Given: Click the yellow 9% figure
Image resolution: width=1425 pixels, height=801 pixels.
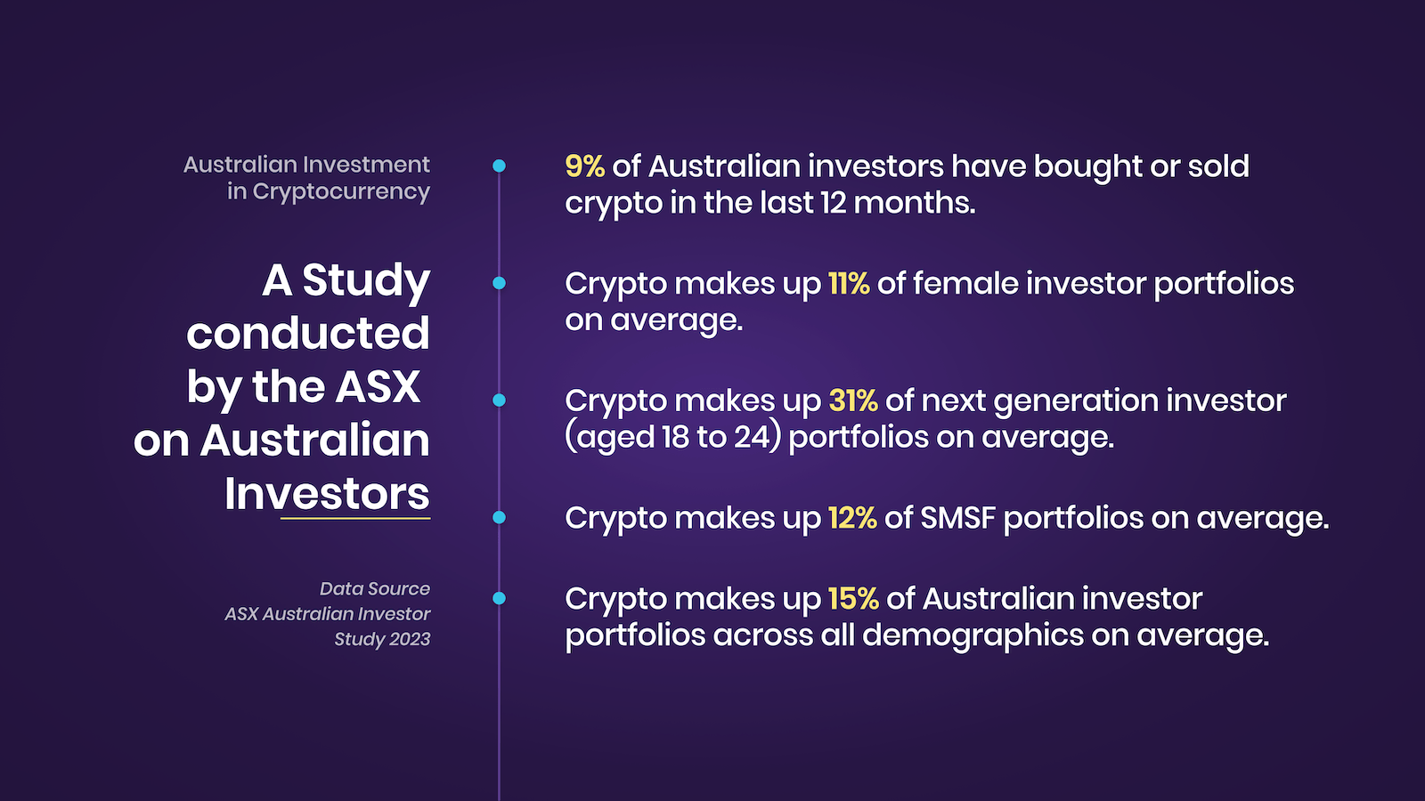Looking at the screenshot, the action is point(584,166).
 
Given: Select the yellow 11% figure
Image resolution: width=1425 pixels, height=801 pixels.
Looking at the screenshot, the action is point(849,284).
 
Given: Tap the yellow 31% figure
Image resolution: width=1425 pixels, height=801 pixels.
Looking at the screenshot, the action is point(853,400).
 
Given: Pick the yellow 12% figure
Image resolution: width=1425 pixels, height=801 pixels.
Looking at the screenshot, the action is point(852,518).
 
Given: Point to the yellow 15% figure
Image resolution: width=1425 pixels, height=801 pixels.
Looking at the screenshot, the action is point(853,599).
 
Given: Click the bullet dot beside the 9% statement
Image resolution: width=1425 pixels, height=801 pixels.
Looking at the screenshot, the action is point(500,166).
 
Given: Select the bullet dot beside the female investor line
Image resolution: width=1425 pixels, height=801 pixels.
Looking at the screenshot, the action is point(500,284).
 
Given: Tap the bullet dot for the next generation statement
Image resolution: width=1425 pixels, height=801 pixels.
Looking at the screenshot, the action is point(500,400).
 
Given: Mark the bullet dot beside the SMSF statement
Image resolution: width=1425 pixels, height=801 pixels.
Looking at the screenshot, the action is point(500,517).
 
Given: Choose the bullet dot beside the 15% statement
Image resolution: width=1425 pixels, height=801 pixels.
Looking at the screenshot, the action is point(500,598).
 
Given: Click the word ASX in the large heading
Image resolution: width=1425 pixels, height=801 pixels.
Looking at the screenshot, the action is point(378,386).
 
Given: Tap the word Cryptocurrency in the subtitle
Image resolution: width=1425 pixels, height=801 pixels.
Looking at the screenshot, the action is point(341,192).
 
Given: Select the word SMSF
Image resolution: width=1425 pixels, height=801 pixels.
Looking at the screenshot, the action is point(957,518).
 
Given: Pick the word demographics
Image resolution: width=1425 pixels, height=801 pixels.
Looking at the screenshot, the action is point(973,635).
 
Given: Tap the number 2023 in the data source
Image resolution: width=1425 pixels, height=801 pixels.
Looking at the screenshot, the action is point(410,639).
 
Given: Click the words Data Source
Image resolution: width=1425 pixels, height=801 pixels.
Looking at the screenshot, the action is point(375,588).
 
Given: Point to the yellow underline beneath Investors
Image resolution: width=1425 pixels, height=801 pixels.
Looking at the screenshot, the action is point(355,519).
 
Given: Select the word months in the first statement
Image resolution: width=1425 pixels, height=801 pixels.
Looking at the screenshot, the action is point(914,204).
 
